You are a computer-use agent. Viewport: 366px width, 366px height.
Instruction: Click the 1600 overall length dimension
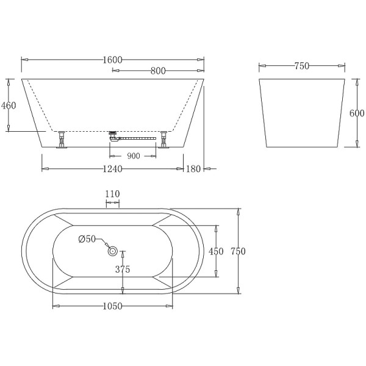[x=113, y=59]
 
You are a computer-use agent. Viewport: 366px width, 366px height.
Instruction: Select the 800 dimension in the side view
[x=158, y=71]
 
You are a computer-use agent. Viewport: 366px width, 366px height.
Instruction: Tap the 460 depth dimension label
[x=9, y=105]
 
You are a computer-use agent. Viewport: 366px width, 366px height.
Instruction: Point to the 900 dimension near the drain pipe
[x=134, y=156]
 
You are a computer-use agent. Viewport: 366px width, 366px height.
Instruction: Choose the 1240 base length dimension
[x=113, y=168]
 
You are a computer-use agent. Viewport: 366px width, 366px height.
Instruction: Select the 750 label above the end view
[x=301, y=66]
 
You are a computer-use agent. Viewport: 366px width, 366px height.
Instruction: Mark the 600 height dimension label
[x=357, y=113]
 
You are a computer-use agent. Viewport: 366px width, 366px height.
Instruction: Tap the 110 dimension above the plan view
[x=112, y=194]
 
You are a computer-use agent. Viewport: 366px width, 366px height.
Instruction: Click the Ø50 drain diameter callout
[x=87, y=239]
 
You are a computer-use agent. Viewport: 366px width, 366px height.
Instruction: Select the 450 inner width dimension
[x=216, y=251]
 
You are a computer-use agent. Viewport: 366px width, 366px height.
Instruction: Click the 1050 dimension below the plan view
[x=113, y=306]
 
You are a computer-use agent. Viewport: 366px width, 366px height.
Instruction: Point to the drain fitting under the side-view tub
[x=112, y=135]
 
